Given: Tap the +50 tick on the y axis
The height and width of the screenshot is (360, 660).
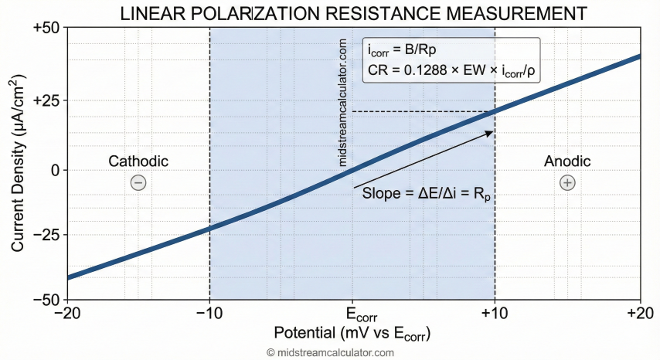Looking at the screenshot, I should [48, 28].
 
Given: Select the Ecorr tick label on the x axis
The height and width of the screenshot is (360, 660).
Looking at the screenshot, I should [352, 317].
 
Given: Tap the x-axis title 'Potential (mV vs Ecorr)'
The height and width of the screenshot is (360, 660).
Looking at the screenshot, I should [352, 335].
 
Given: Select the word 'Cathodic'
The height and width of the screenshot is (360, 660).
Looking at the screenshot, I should [138, 161].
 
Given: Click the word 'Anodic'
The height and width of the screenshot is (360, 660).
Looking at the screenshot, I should [567, 161].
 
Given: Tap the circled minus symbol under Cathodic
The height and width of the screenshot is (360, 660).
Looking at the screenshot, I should [138, 182].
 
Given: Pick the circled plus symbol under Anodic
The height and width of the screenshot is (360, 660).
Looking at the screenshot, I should [567, 182].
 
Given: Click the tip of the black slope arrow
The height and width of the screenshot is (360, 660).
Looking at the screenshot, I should [492, 131].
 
